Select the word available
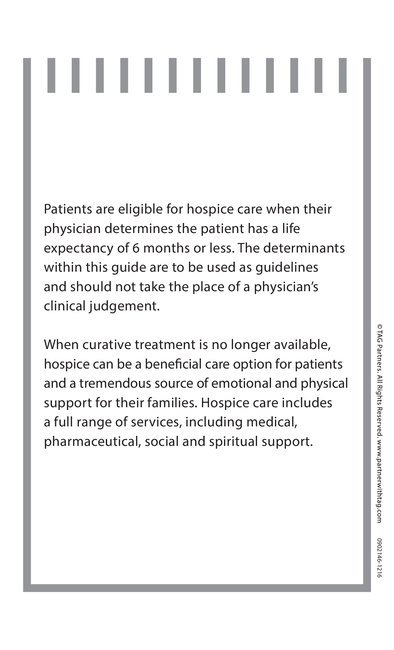coord(302,344)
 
